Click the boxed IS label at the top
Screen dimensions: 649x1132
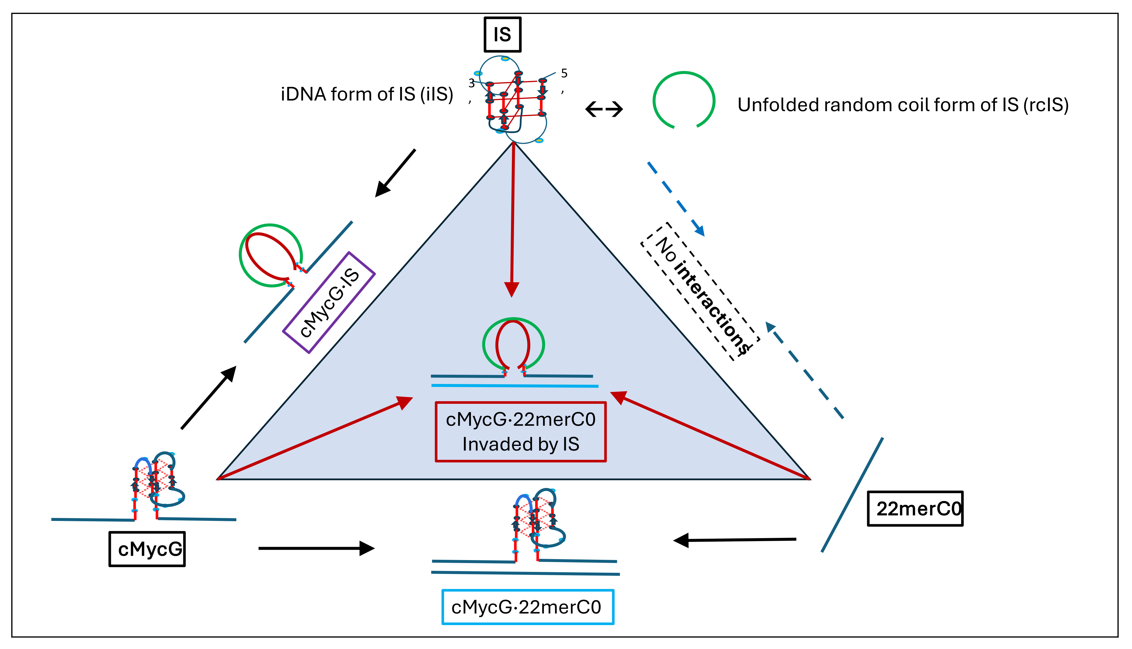click(x=502, y=35)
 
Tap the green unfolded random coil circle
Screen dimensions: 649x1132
click(x=684, y=100)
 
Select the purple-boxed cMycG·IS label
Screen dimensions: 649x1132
click(x=329, y=303)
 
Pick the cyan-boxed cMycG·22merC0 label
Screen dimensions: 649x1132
click(x=527, y=607)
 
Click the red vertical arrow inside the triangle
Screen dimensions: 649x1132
click(x=513, y=219)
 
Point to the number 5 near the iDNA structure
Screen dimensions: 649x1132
click(x=564, y=74)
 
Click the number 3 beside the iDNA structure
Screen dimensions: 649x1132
click(x=471, y=83)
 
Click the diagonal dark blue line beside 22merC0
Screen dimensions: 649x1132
click(x=852, y=495)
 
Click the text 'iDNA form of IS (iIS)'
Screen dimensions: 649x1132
click(x=367, y=95)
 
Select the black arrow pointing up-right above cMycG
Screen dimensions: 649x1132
click(x=208, y=398)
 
